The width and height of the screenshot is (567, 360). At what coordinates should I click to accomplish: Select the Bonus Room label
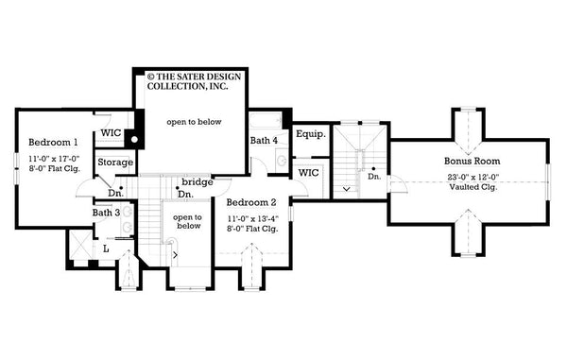tap(472, 162)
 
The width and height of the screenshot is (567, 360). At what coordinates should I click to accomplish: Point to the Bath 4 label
tap(264, 142)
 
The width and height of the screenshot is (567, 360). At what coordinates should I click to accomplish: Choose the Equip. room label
tap(310, 135)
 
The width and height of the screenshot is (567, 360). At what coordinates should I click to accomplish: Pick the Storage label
tap(115, 163)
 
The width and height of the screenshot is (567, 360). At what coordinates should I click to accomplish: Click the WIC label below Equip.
tap(309, 173)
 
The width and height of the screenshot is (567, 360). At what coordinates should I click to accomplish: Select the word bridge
tap(197, 181)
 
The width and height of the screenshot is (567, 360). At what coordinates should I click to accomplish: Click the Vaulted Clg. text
tap(472, 186)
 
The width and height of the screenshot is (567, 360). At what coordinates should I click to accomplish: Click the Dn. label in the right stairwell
tap(374, 177)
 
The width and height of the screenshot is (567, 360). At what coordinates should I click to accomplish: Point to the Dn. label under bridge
tap(188, 195)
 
